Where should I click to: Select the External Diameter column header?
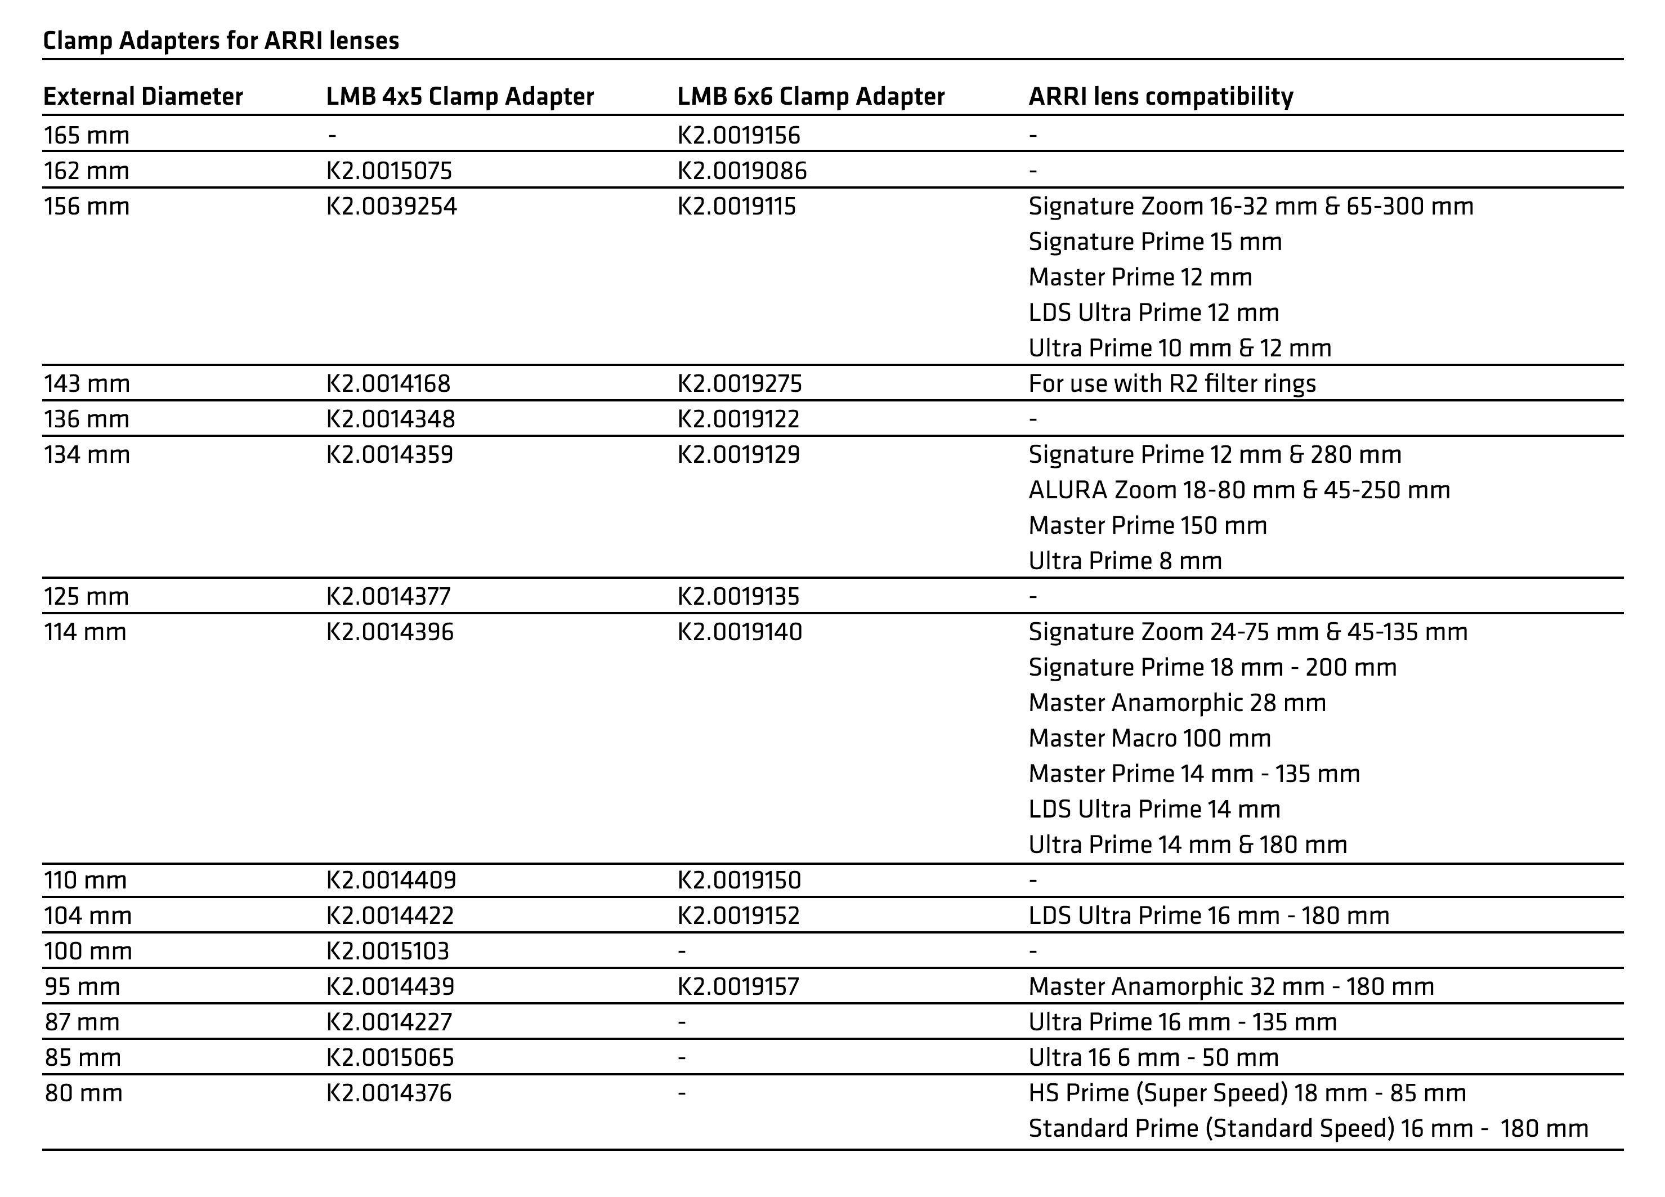pyautogui.click(x=143, y=96)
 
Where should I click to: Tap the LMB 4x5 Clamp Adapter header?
pyautogui.click(x=459, y=96)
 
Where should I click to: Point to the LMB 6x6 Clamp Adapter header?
pyautogui.click(x=811, y=96)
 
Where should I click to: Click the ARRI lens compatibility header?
pyautogui.click(x=1161, y=96)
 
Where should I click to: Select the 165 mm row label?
pyautogui.click(x=87, y=135)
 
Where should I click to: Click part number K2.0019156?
pyautogui.click(x=738, y=135)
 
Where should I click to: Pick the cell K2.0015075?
pyautogui.click(x=389, y=171)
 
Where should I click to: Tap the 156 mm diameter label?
pyautogui.click(x=87, y=207)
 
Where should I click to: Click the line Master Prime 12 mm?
pyautogui.click(x=1140, y=278)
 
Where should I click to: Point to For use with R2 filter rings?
pyautogui.click(x=1172, y=383)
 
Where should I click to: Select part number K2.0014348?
pyautogui.click(x=391, y=419)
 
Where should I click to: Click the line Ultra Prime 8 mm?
pyautogui.click(x=1125, y=561)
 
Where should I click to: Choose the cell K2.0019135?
pyautogui.click(x=738, y=596)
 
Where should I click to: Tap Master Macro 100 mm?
pyautogui.click(x=1149, y=738)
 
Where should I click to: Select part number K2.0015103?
pyautogui.click(x=388, y=951)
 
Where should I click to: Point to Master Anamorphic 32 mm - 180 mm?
pyautogui.click(x=1231, y=986)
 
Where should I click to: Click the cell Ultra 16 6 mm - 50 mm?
pyautogui.click(x=1153, y=1057)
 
